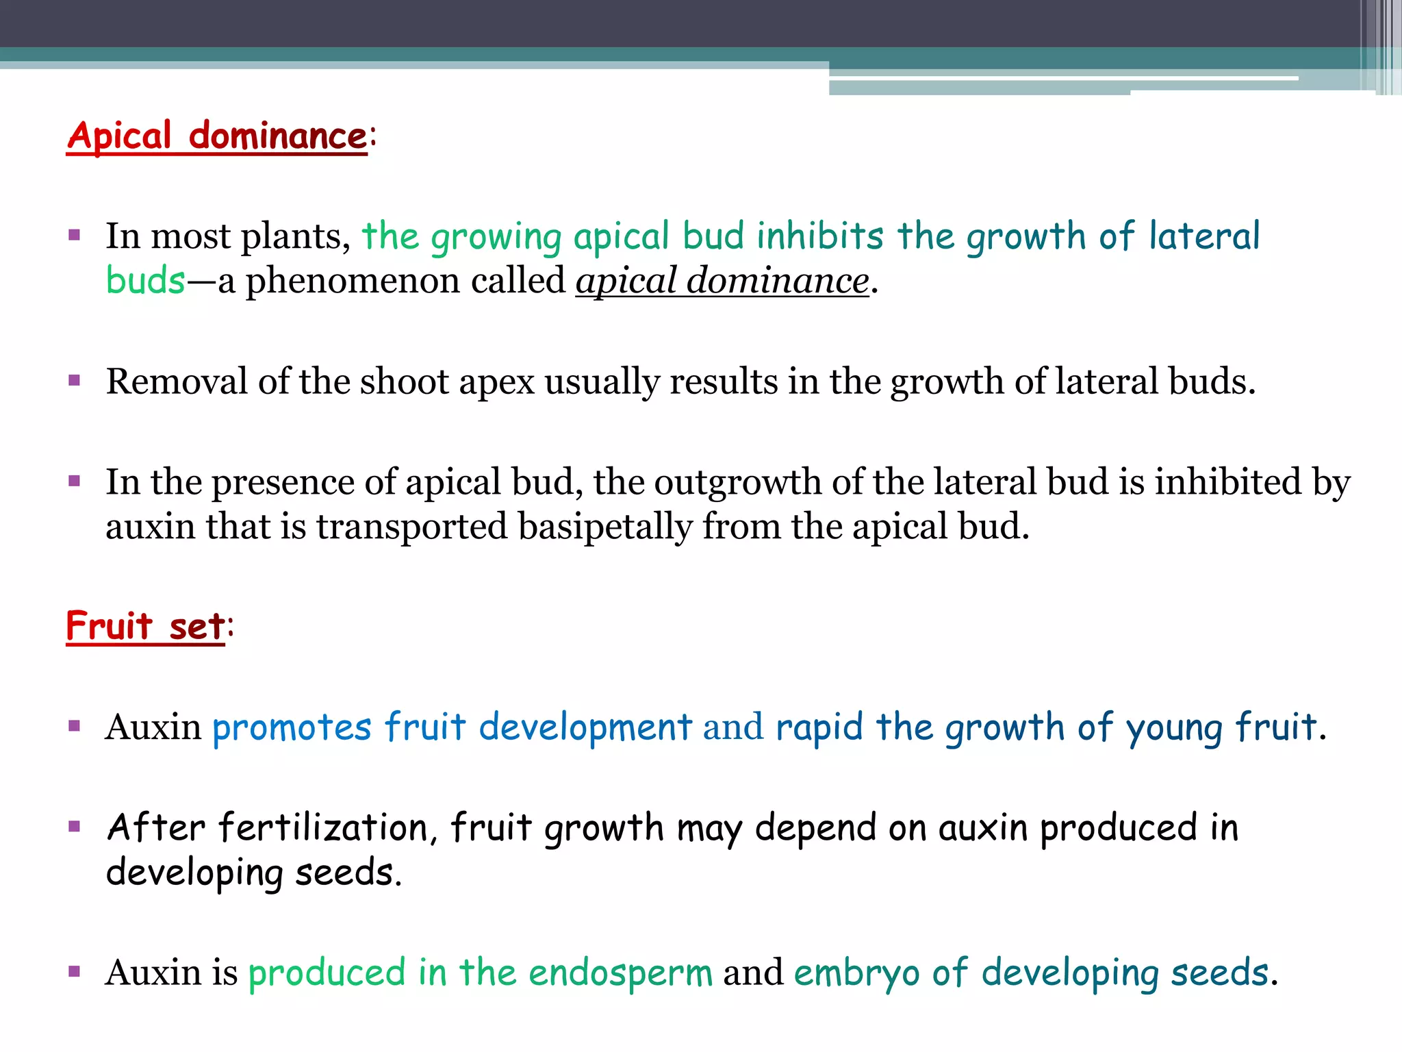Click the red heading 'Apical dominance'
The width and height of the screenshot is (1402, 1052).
coord(217,136)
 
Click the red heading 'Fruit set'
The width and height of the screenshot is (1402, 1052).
coord(145,626)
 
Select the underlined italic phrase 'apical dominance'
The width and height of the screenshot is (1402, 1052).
coord(722,281)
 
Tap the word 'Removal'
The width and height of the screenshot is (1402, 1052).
coord(177,381)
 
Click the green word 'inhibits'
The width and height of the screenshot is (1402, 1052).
coord(820,236)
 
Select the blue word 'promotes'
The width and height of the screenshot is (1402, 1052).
coord(292,727)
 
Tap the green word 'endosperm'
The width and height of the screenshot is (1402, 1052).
coord(621,973)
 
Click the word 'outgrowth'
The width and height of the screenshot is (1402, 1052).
coord(737,482)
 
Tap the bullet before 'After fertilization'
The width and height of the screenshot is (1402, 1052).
coord(75,826)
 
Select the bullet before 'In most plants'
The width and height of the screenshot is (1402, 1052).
coord(75,236)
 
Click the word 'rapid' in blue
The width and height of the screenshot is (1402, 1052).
coord(819,728)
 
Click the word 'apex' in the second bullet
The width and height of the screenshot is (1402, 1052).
coord(496,382)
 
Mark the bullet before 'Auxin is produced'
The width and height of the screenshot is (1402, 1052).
coord(75,970)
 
